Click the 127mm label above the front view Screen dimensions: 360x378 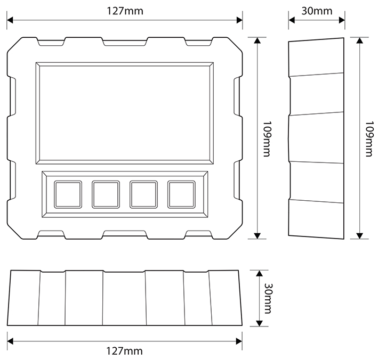pyautogui.click(x=125, y=11)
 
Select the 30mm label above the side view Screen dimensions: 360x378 pyautogui.click(x=317, y=11)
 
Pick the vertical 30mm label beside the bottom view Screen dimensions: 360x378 pyautogui.click(x=268, y=298)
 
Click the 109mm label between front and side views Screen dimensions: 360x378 pyautogui.click(x=268, y=137)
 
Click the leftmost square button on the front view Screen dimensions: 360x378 pyautogui.click(x=68, y=194)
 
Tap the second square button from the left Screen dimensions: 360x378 pyautogui.click(x=106, y=194)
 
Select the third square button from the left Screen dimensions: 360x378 pyautogui.click(x=143, y=194)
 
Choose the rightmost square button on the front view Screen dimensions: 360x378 pyautogui.click(x=181, y=194)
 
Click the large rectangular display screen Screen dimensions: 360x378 pyautogui.click(x=125, y=113)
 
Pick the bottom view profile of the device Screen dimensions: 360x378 pyautogui.click(x=125, y=298)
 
